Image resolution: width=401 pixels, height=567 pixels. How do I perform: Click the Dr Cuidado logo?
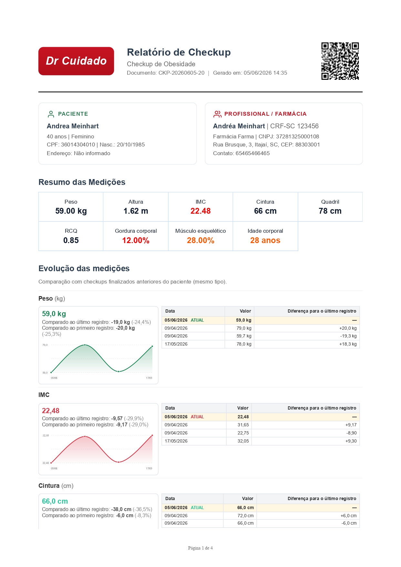point(76,61)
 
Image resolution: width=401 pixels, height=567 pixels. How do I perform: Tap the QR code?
point(340,61)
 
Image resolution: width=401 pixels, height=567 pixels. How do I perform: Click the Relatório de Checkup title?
point(179,52)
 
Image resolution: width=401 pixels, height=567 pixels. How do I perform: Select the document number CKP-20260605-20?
point(181,73)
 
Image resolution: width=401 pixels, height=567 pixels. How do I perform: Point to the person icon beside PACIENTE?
point(51,114)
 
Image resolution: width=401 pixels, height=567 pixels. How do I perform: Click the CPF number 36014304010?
point(78,144)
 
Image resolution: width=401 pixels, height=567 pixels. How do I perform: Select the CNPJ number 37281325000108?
point(297,136)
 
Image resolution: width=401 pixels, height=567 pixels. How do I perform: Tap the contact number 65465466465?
point(252,153)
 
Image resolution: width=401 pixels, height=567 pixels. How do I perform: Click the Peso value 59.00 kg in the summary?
point(71,211)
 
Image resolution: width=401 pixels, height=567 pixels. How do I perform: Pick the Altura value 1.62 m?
point(136,211)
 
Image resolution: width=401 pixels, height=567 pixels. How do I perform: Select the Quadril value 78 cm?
point(330,211)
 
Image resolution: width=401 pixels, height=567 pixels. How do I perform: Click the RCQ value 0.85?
point(71,240)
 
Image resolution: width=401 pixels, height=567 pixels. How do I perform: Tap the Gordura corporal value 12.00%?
point(136,240)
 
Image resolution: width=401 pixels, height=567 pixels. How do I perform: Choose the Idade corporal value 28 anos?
point(265,240)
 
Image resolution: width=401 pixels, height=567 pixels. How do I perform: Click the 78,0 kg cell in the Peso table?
point(244,344)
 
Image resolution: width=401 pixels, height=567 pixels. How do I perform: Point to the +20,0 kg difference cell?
point(348,328)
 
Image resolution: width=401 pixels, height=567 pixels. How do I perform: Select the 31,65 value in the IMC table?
point(243,425)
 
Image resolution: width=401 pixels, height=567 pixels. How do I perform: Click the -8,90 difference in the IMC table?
point(352,433)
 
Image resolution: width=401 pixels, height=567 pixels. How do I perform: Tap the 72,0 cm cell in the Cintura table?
point(245,516)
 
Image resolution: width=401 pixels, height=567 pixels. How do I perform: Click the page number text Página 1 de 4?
point(200,548)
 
